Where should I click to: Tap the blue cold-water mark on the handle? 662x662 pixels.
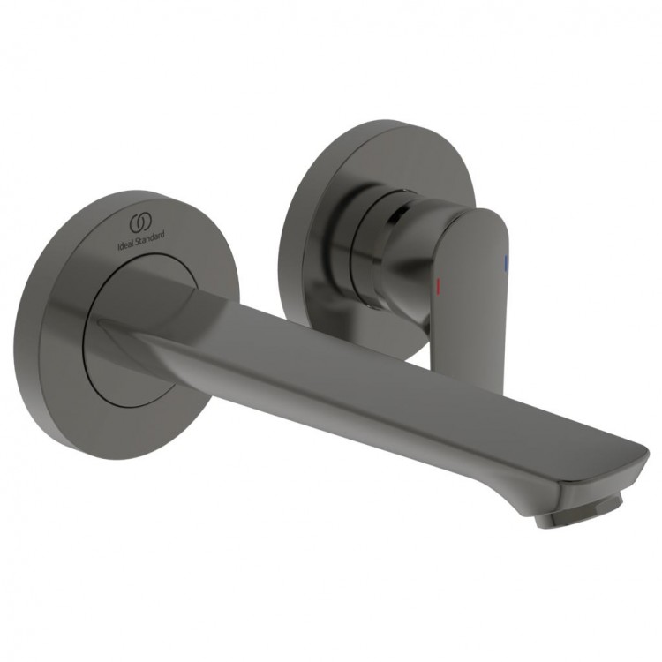click(506, 262)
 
